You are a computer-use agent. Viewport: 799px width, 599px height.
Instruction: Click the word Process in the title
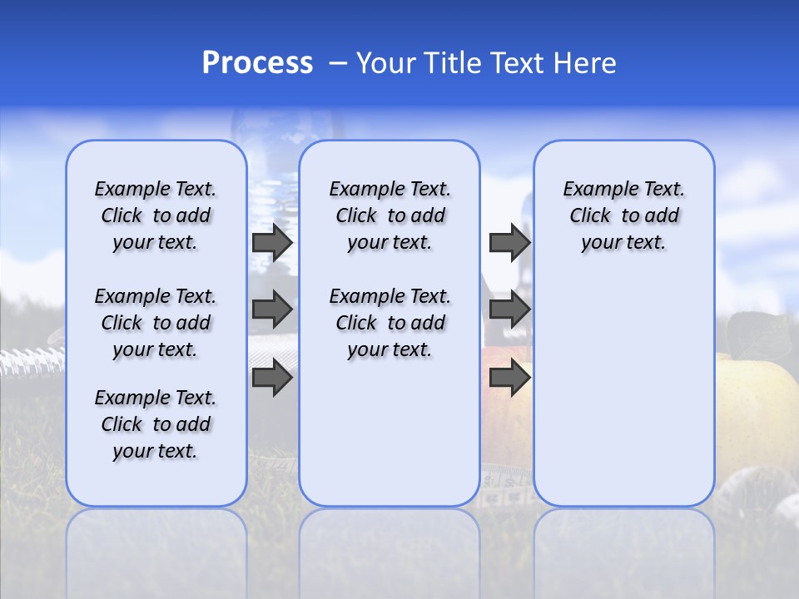[x=257, y=63]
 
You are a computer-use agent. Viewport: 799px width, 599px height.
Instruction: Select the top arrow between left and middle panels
[x=272, y=243]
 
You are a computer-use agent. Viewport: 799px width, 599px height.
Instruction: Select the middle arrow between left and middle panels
[x=272, y=309]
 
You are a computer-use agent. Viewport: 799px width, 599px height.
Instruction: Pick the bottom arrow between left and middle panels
[x=272, y=378]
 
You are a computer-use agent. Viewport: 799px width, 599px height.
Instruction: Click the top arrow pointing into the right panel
[x=509, y=243]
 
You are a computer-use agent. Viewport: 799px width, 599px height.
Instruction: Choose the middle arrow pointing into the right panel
[x=509, y=309]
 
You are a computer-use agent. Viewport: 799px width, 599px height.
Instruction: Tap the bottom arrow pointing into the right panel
[x=509, y=378]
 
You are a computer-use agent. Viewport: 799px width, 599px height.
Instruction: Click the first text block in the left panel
[x=156, y=215]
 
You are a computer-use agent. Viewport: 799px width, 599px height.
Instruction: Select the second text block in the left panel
[x=156, y=323]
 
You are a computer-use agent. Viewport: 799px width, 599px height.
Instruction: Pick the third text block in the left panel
[x=156, y=424]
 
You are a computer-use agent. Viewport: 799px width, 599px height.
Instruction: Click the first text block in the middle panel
[x=390, y=215]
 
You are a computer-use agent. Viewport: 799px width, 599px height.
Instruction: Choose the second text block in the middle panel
[x=390, y=323]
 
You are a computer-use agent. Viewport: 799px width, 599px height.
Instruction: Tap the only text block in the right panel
[x=623, y=215]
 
